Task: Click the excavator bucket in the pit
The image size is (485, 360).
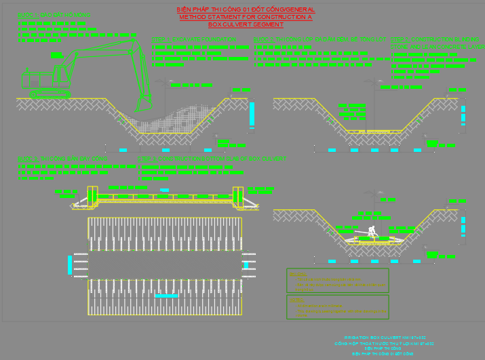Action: [x=144, y=103]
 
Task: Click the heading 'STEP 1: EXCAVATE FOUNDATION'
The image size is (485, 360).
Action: [x=194, y=40]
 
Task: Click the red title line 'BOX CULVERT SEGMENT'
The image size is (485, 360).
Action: [x=245, y=24]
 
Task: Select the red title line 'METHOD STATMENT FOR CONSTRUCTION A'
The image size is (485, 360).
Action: [x=245, y=17]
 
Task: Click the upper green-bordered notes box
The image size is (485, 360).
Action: [x=337, y=280]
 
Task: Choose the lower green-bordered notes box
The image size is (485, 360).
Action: [x=337, y=306]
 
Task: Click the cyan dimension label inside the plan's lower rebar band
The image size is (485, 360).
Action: [x=166, y=296]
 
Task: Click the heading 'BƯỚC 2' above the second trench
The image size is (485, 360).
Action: [x=319, y=40]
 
